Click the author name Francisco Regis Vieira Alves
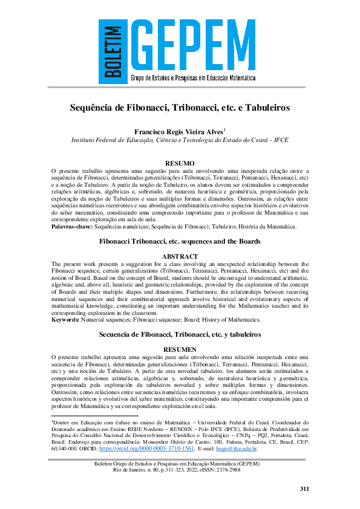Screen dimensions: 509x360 (178, 131)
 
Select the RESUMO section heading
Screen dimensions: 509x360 (180, 163)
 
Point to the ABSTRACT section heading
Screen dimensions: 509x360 (180, 256)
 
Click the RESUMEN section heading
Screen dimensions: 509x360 (180, 349)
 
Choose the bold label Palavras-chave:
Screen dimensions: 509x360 (73, 227)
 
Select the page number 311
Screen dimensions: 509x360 (304, 488)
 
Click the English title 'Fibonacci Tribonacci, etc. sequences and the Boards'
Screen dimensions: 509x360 (180, 241)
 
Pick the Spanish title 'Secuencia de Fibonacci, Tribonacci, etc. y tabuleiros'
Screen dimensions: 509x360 (180, 334)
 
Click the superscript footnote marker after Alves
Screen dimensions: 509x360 (224, 128)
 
